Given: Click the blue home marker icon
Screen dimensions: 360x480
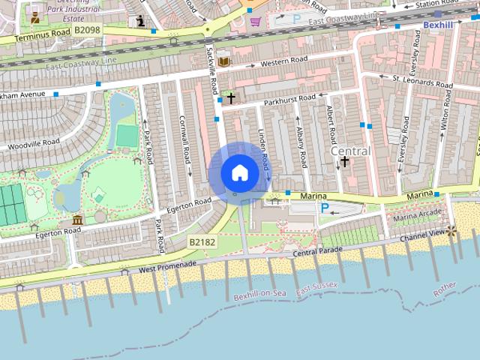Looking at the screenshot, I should [239, 172].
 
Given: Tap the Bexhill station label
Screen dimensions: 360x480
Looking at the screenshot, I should [439, 25].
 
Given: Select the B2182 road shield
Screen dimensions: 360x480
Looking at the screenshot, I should [202, 242].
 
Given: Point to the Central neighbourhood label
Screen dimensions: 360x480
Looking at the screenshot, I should [350, 151].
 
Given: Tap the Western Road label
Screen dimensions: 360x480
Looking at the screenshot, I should [283, 61].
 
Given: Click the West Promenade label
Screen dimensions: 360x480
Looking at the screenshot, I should [167, 266].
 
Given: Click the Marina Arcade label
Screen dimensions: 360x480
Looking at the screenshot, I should [418, 217].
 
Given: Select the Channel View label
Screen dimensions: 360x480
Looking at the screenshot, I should [422, 235].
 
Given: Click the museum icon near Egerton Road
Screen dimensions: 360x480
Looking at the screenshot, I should [78, 220].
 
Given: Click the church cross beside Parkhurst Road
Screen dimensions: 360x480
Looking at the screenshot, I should [231, 97].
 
